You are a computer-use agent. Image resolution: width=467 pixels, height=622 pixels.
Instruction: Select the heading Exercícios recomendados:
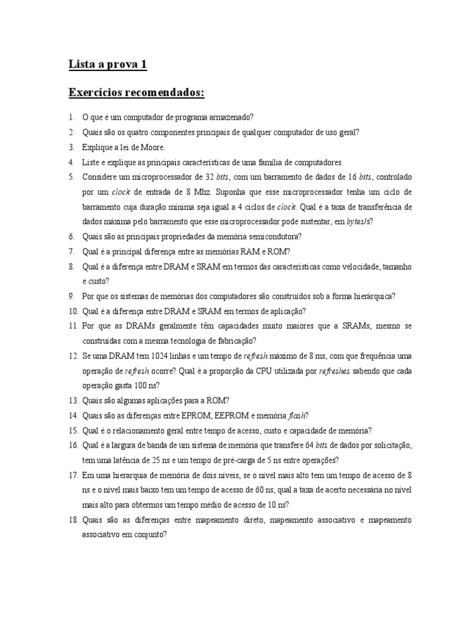click(137, 93)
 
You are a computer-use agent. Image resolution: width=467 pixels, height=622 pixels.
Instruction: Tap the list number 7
click(71, 251)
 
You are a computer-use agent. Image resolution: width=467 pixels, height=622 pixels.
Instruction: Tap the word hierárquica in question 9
click(371, 296)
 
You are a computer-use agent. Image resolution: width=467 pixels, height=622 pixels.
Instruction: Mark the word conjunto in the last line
click(150, 535)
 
